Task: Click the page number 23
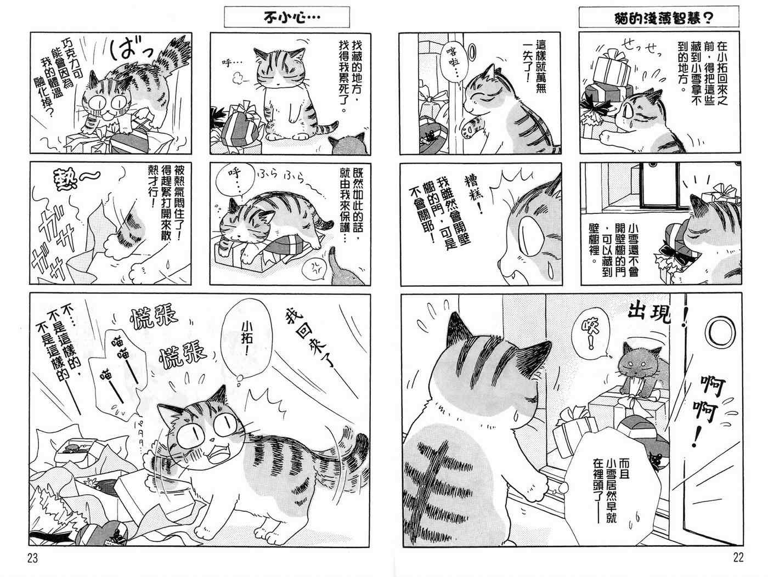pos(32,558)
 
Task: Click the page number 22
pos(738,558)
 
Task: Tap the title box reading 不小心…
pos(287,17)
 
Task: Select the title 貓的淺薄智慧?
pos(659,17)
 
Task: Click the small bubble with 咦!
pos(591,336)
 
